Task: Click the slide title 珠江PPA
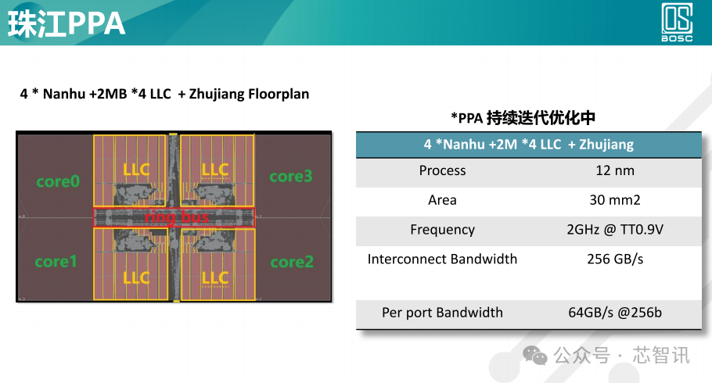point(67,23)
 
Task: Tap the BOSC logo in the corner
point(678,23)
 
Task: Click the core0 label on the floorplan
point(58,181)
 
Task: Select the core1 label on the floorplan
point(56,261)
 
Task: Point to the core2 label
point(291,261)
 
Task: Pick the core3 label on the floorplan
point(291,176)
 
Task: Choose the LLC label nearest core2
point(214,277)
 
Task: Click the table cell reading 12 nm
point(614,170)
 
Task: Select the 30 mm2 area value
point(614,200)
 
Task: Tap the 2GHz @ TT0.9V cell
point(614,230)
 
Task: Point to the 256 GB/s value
point(614,259)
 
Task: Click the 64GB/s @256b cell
point(614,313)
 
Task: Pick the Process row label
point(442,170)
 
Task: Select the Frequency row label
point(442,230)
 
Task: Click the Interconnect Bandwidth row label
point(442,259)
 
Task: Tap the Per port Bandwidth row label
point(442,313)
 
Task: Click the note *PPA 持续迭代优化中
point(523,118)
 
